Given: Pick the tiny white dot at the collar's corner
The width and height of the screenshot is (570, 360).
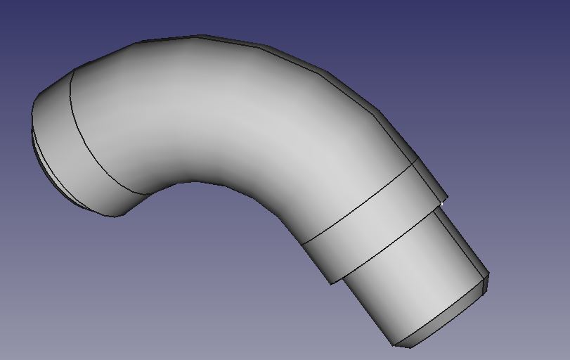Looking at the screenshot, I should (441, 204).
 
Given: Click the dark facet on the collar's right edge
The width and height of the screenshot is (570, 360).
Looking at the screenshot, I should (430, 179).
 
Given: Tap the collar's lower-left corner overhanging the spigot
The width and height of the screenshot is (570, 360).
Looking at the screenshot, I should (332, 283).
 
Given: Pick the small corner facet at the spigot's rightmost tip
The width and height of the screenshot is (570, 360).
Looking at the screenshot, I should (486, 281).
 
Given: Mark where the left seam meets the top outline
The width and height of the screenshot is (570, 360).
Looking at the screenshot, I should (72, 69).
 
